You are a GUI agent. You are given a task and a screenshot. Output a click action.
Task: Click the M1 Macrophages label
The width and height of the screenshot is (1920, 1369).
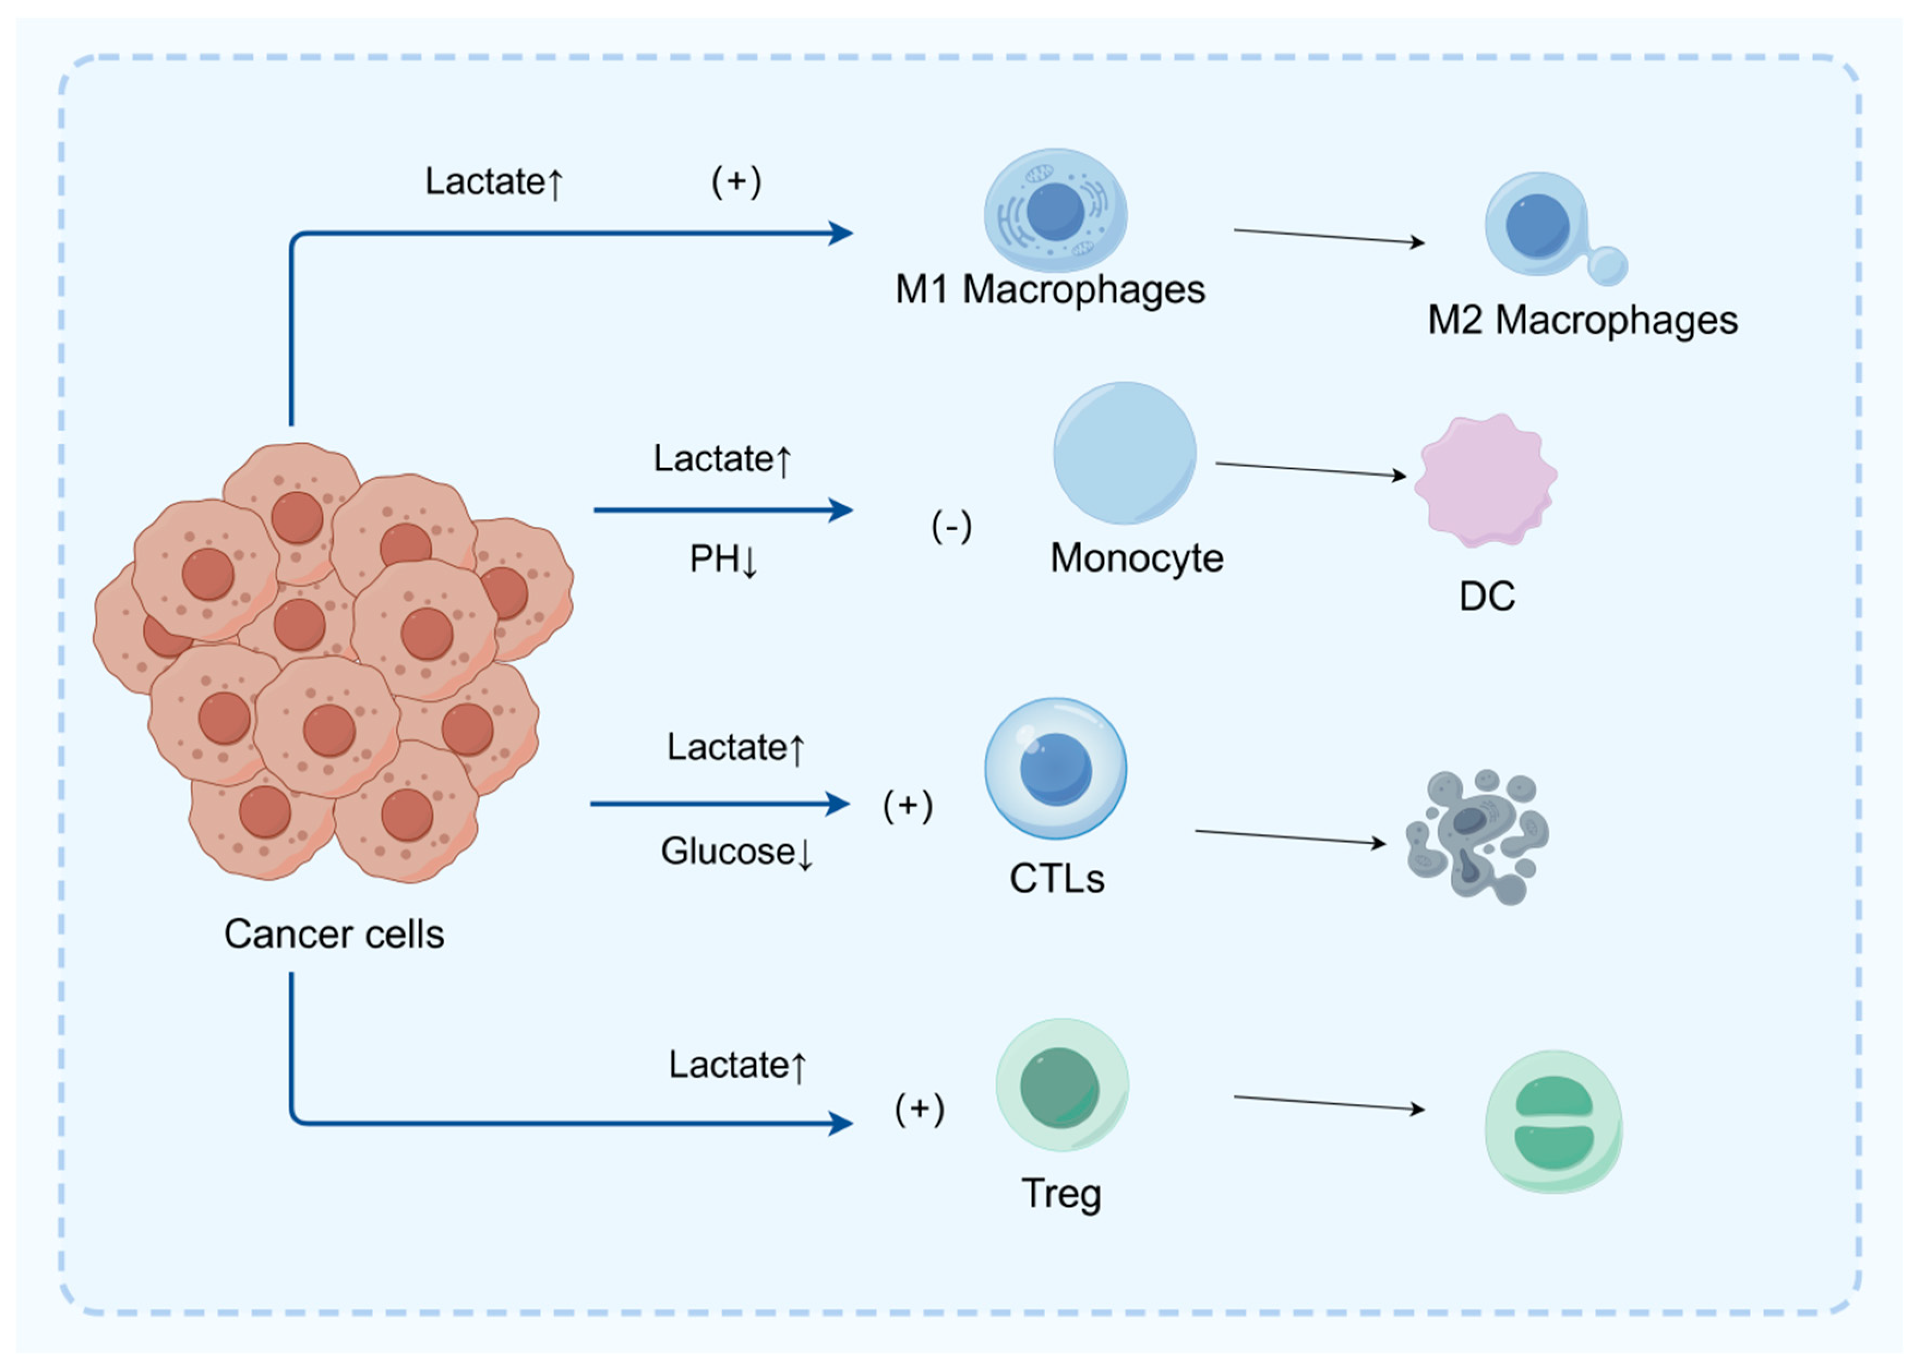(1049, 290)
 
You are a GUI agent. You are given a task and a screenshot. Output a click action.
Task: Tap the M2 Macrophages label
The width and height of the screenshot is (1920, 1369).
(1581, 320)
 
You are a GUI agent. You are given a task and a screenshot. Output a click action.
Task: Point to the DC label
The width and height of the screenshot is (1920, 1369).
(1487, 597)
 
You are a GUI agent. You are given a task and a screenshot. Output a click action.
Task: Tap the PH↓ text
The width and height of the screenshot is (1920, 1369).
(723, 560)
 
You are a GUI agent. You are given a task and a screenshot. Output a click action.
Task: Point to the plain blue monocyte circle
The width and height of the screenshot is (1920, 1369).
(1124, 453)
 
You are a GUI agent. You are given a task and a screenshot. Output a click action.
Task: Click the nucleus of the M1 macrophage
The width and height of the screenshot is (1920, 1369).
(1054, 212)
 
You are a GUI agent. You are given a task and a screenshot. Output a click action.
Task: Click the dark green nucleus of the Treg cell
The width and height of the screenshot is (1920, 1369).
(1059, 1088)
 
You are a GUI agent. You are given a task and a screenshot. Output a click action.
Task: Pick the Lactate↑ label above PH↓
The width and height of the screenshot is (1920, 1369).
(722, 459)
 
